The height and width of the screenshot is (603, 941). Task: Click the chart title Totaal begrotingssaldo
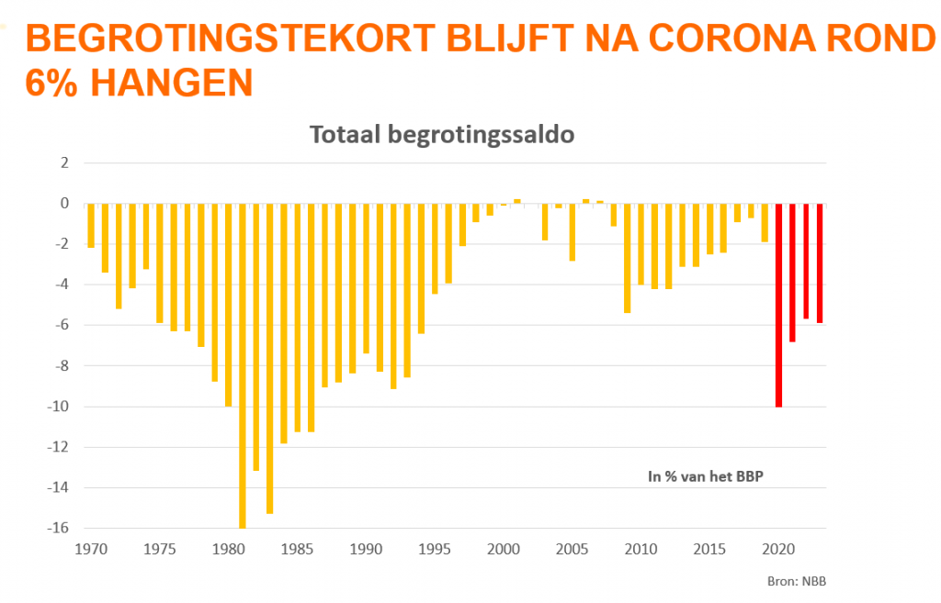point(442,135)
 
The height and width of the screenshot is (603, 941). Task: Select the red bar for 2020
point(778,304)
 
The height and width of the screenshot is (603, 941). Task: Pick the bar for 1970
point(91,225)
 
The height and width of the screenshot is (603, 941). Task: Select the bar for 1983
point(270,358)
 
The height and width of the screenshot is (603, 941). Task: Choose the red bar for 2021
point(792,272)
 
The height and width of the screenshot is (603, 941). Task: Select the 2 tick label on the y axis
point(64,162)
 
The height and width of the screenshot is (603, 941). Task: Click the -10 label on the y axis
point(59,407)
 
